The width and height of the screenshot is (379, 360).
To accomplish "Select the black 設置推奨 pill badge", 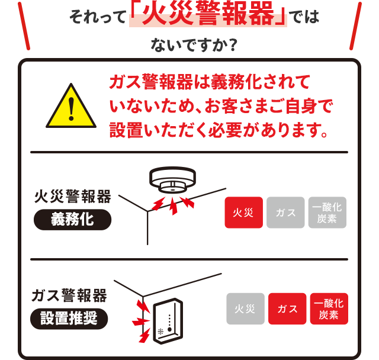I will point(70,319).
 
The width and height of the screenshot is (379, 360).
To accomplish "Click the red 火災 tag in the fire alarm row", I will point(243,213).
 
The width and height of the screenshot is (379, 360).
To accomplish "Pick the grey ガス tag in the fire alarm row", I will point(285,213).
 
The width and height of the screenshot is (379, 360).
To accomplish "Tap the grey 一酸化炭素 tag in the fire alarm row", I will point(327,213).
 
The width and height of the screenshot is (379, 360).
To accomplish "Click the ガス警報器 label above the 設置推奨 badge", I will point(69,295).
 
